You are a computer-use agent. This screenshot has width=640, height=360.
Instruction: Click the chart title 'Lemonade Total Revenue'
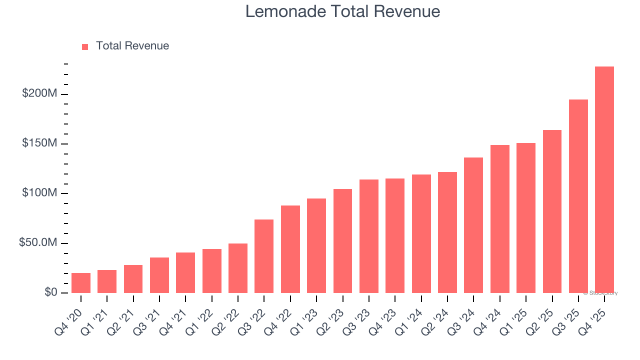pos(342,11)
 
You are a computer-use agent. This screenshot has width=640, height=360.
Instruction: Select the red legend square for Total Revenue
pos(85,46)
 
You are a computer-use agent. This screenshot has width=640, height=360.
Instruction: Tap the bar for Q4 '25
pos(604,180)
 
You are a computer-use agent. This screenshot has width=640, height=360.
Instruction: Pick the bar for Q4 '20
pos(81,283)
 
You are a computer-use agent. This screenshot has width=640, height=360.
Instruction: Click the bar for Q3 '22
pos(264,256)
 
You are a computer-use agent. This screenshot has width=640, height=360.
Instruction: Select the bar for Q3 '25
pos(578,196)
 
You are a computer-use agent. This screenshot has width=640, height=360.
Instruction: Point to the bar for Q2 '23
pos(342,241)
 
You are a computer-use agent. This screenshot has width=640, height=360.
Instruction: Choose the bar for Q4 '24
pos(499,219)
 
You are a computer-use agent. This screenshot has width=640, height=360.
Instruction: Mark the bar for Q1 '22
pos(211,271)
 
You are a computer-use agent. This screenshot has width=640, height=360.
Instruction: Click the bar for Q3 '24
pos(473,225)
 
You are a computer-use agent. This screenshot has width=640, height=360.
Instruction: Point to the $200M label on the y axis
pos(39,94)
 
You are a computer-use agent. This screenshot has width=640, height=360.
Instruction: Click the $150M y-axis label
pos(39,143)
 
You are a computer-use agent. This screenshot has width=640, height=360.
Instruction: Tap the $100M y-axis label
pos(39,193)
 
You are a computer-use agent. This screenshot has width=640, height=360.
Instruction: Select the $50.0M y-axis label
pos(38,243)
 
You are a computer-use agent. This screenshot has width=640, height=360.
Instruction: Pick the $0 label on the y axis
pos(50,292)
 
